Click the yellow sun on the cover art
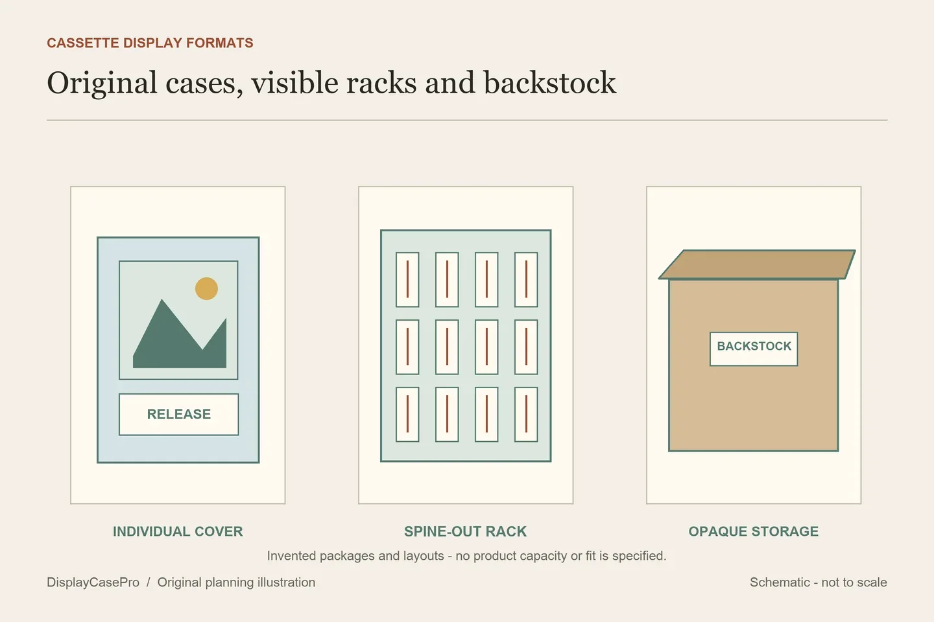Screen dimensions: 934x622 (x=206, y=288)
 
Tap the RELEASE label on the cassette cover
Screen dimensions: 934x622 (x=179, y=414)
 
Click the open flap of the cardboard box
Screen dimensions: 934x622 (x=757, y=264)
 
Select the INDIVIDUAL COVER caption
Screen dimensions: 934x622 (x=178, y=531)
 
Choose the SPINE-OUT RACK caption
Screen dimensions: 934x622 (x=465, y=531)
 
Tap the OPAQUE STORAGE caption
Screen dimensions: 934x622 (x=754, y=531)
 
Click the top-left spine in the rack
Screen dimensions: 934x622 (x=407, y=279)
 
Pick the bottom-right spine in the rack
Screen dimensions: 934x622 (x=526, y=414)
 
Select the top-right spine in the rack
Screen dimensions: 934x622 (x=526, y=279)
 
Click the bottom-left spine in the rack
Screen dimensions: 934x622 (x=407, y=414)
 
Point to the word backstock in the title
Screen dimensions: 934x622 (x=549, y=82)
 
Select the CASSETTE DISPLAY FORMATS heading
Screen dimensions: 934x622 (x=150, y=43)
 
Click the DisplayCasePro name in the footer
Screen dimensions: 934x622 (x=93, y=582)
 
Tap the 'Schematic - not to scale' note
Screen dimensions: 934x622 (x=819, y=582)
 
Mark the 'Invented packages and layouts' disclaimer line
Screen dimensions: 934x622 (x=466, y=556)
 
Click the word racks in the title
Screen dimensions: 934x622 (x=381, y=82)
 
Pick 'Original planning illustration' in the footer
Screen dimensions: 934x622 (x=236, y=582)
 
